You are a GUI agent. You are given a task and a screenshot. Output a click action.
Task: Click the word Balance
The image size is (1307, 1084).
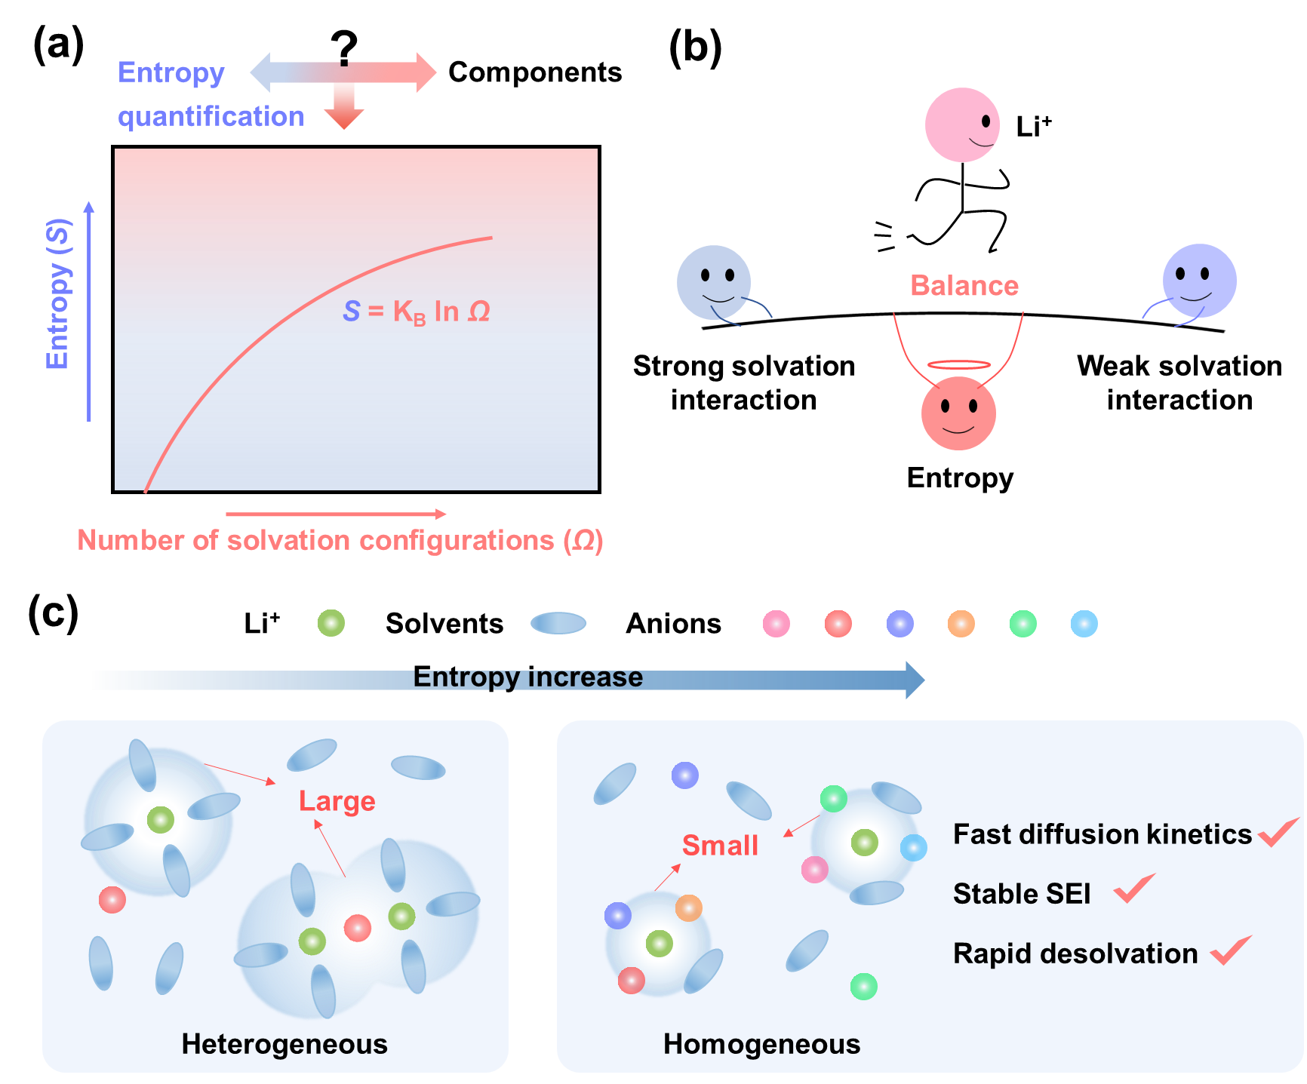click(964, 286)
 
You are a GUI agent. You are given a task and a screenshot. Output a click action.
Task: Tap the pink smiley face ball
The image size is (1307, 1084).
click(962, 124)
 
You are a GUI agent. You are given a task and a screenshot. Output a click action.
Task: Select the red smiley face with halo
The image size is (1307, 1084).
click(958, 413)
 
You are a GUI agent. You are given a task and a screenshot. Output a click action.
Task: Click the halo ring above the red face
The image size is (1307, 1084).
click(958, 365)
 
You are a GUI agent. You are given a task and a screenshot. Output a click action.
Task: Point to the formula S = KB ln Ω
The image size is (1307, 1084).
click(417, 311)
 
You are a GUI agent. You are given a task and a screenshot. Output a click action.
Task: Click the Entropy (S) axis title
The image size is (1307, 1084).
click(58, 294)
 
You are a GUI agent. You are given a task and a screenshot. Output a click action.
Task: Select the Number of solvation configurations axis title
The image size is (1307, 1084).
click(340, 541)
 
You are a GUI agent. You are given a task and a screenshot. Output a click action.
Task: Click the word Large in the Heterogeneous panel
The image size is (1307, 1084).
click(337, 801)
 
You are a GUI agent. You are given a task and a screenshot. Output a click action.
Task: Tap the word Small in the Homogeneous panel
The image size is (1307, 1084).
click(720, 846)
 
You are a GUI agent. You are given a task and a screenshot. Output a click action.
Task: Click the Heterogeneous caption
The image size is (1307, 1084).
click(284, 1044)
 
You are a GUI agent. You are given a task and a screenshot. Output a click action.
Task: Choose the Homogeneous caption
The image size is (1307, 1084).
click(761, 1044)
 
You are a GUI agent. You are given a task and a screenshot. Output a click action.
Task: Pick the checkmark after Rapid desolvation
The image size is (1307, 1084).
click(1231, 950)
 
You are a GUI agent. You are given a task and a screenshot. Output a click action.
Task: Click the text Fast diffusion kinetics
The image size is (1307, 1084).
click(1102, 834)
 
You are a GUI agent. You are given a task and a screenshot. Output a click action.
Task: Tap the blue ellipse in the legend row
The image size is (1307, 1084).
click(558, 623)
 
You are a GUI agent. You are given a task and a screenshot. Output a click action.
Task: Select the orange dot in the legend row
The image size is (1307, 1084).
click(961, 624)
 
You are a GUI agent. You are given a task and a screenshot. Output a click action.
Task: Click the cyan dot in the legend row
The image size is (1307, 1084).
click(1084, 624)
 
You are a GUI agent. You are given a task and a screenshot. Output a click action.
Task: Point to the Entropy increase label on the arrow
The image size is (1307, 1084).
click(527, 677)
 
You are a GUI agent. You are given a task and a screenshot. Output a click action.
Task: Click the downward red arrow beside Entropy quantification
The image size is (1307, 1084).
click(344, 102)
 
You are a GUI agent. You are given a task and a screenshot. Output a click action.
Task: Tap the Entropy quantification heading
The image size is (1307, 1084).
click(210, 94)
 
